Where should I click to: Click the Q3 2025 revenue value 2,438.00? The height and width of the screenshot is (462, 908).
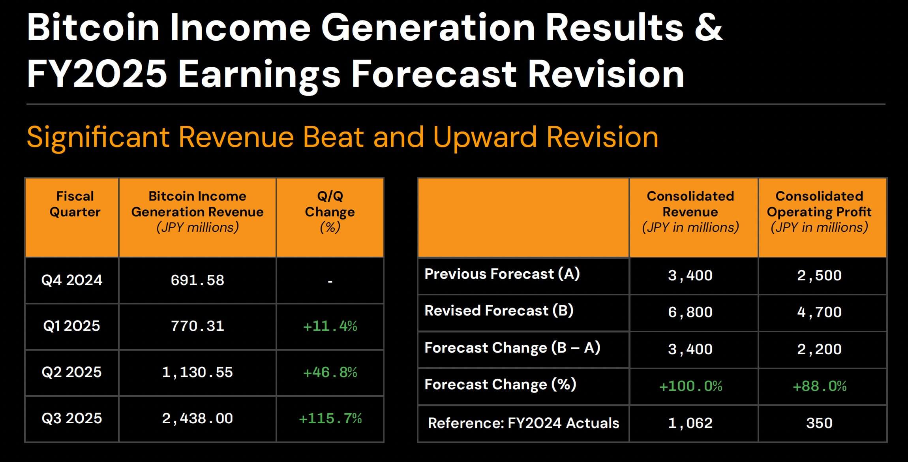click(x=197, y=419)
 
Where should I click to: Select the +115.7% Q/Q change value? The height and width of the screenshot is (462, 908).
click(x=330, y=419)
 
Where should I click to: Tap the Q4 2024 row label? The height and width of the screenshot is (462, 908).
click(x=72, y=280)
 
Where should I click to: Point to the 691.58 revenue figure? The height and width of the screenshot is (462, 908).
click(x=197, y=280)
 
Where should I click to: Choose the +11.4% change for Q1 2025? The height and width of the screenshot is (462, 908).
click(x=330, y=326)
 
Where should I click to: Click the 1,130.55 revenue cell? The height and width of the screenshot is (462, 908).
click(x=197, y=372)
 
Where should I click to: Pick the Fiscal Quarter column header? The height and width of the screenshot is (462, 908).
click(x=75, y=204)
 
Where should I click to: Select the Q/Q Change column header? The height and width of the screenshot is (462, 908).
click(x=330, y=212)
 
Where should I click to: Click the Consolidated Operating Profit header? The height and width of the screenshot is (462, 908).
click(x=819, y=212)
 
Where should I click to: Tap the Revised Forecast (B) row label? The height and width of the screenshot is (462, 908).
click(x=499, y=311)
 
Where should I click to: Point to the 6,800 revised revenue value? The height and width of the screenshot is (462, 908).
click(x=690, y=312)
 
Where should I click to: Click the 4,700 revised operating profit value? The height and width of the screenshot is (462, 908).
click(x=819, y=312)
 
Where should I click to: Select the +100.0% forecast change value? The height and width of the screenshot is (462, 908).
click(x=691, y=386)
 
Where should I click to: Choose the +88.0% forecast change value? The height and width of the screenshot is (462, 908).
click(x=820, y=386)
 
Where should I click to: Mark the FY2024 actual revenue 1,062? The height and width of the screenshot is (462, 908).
click(x=690, y=423)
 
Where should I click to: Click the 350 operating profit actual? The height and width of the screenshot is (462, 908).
click(x=819, y=423)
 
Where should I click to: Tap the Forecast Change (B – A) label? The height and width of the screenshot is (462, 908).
click(x=512, y=348)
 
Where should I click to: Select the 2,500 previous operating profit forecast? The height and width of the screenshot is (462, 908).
click(x=819, y=276)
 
